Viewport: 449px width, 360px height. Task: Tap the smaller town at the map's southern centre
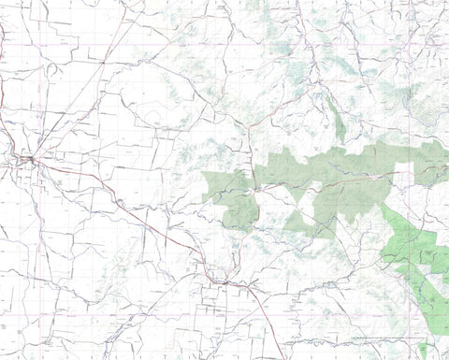[x=221, y=278]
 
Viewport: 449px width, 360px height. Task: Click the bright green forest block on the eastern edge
[x=412, y=238]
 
